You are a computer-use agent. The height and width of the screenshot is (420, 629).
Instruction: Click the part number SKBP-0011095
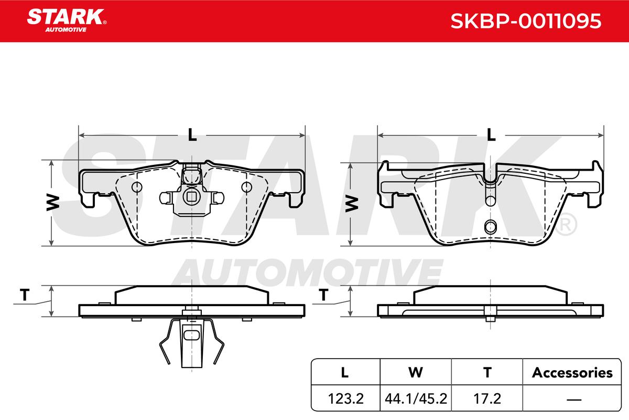click(526, 21)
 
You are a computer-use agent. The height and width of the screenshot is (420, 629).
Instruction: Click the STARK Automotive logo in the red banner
click(67, 20)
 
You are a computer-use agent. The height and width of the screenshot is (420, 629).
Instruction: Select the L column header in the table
click(344, 372)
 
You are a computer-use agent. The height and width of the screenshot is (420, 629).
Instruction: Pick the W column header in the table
click(416, 372)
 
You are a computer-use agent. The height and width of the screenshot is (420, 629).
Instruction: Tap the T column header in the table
click(487, 372)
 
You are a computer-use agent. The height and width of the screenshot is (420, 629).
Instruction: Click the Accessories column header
click(572, 372)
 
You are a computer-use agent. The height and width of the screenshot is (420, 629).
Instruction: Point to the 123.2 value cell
click(345, 398)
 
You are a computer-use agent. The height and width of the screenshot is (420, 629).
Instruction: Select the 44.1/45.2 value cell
click(416, 398)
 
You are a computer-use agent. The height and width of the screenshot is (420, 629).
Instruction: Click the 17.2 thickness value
click(487, 398)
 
